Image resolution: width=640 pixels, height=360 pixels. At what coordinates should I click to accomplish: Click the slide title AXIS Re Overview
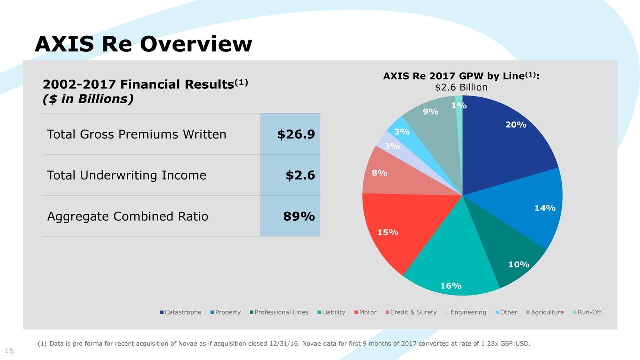pos(143,44)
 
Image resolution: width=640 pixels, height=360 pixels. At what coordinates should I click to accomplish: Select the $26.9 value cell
pos(296,134)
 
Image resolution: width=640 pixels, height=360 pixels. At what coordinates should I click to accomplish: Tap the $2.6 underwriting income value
pos(300,175)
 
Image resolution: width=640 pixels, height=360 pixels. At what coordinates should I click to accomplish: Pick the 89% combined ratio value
pos(299,216)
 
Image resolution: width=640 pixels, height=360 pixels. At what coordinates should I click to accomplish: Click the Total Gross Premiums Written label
pos(136,134)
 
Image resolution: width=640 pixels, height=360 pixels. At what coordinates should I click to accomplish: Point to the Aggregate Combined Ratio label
pos(127,216)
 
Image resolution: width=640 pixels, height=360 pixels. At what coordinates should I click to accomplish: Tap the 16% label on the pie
pos(450,286)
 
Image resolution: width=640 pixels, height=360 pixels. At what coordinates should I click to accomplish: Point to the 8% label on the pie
pos(379,173)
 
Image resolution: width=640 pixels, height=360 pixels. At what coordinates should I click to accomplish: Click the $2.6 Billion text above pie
pos(461,88)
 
